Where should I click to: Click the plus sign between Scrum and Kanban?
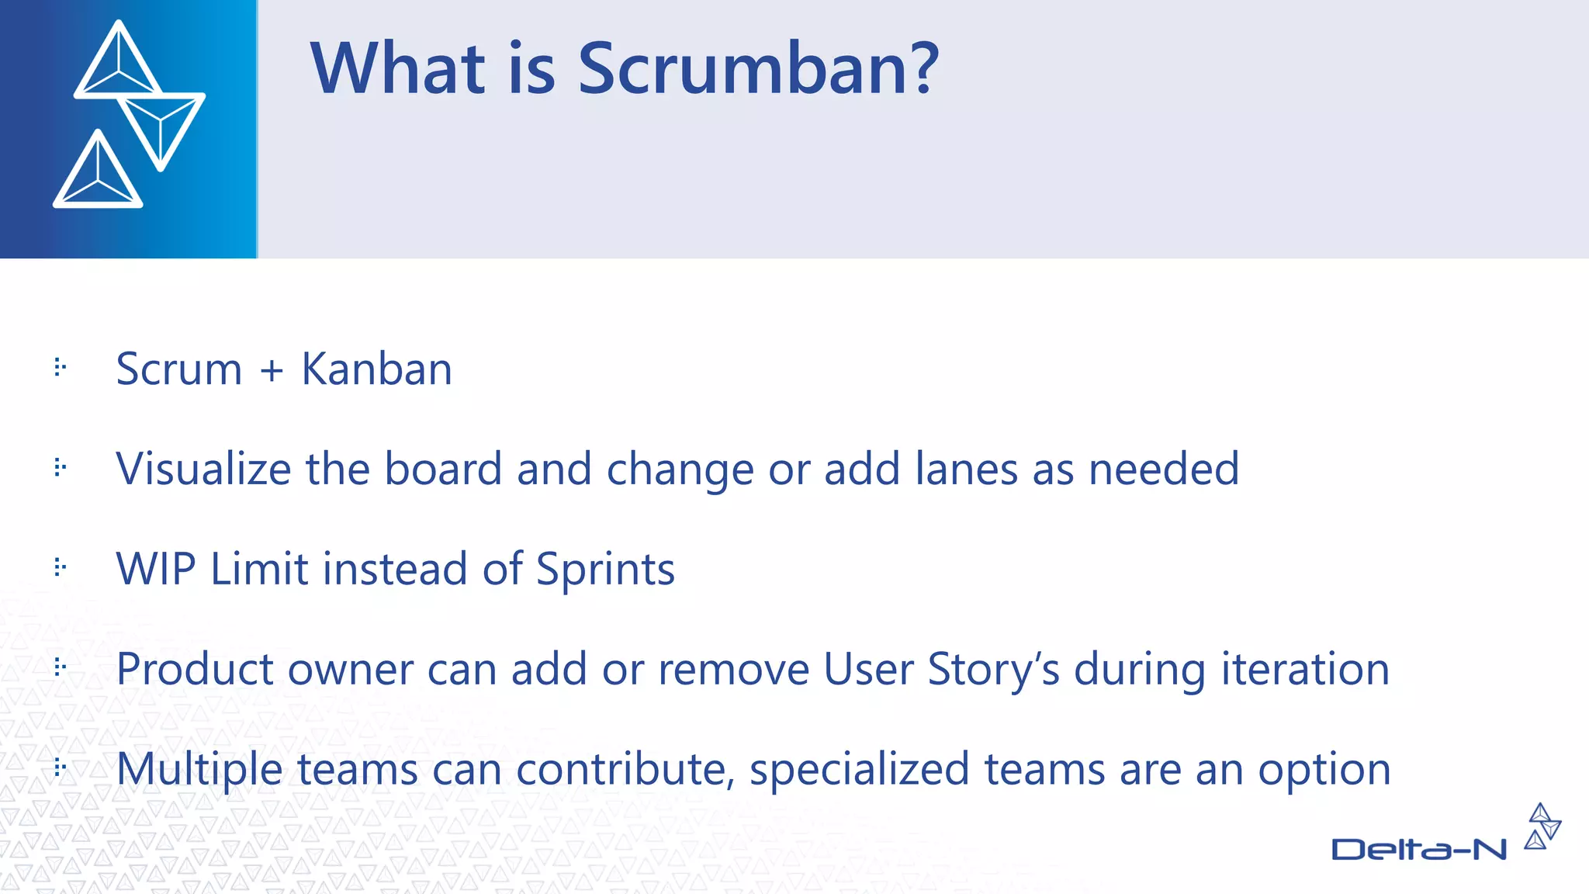coord(272,370)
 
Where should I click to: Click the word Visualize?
coord(203,469)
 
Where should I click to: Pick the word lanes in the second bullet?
coord(966,469)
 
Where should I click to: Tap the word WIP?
coord(156,569)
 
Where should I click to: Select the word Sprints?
coord(605,570)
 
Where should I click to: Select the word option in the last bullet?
coord(1324,770)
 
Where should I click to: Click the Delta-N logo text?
coord(1418,850)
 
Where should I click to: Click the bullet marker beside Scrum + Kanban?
coord(61,367)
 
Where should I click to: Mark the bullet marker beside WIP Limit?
coord(61,567)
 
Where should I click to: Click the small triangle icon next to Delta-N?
coord(1542,826)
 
